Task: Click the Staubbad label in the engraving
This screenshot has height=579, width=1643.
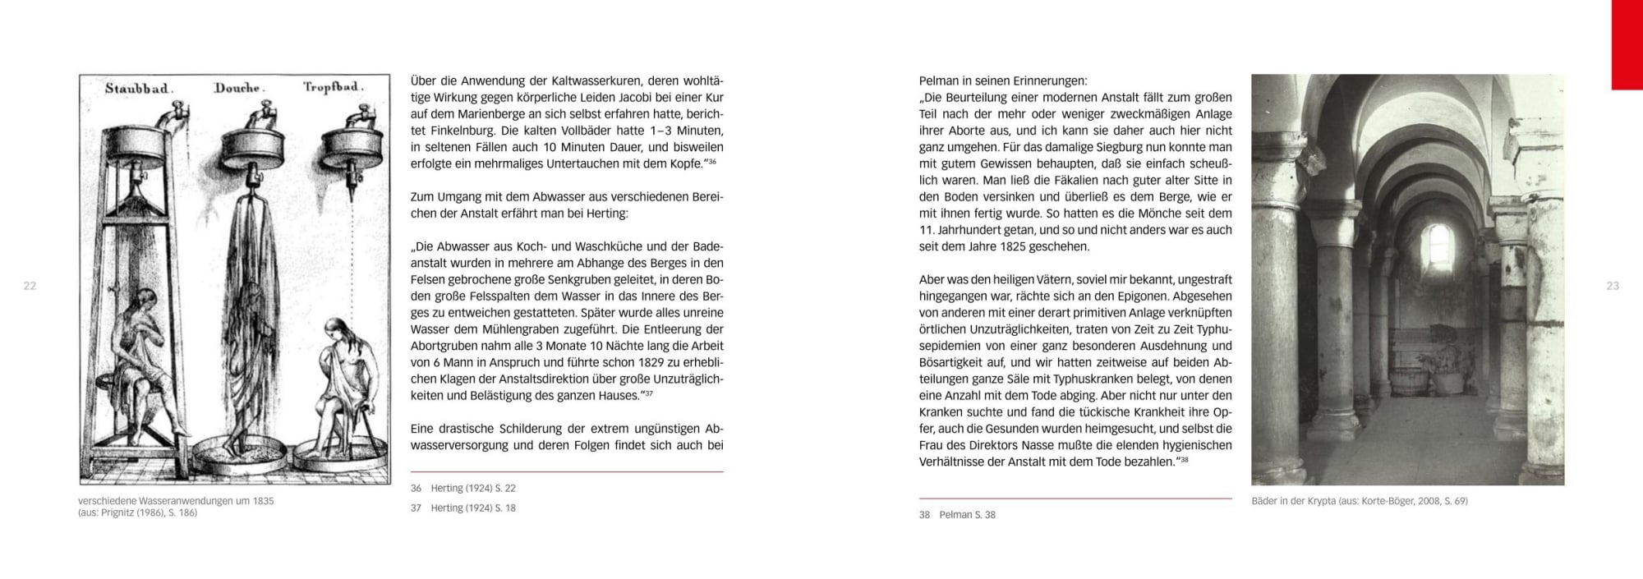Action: (x=137, y=89)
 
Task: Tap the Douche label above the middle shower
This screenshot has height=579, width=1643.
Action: (x=237, y=88)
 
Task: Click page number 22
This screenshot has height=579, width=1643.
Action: (x=30, y=286)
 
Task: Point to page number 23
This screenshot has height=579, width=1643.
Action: (x=1613, y=286)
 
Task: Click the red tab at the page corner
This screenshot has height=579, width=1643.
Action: (x=1627, y=44)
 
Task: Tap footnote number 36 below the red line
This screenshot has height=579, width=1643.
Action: (x=416, y=488)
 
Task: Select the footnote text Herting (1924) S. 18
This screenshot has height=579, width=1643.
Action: (x=473, y=508)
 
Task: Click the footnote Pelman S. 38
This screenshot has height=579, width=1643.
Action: (x=967, y=515)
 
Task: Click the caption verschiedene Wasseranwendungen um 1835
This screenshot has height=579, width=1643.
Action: (x=176, y=501)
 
